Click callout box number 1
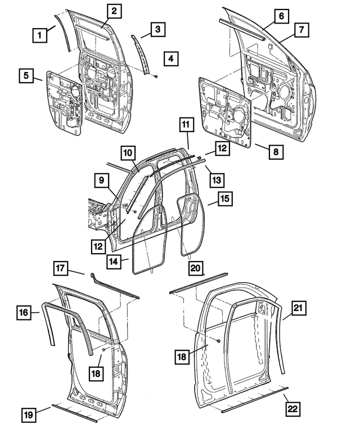point(39,36)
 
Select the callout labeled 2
point(113,11)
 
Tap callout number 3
point(158,28)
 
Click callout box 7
point(301,29)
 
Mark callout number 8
point(276,152)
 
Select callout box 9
point(101,181)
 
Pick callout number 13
point(216,180)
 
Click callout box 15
point(224,201)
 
